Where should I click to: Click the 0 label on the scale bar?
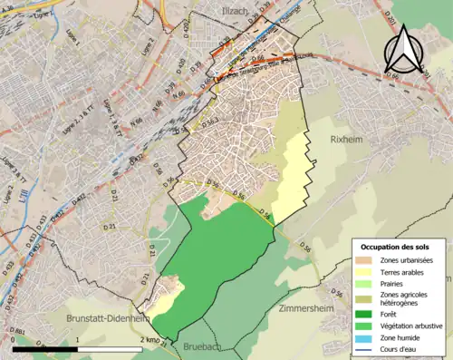pyautogui.click(x=13, y=340)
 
